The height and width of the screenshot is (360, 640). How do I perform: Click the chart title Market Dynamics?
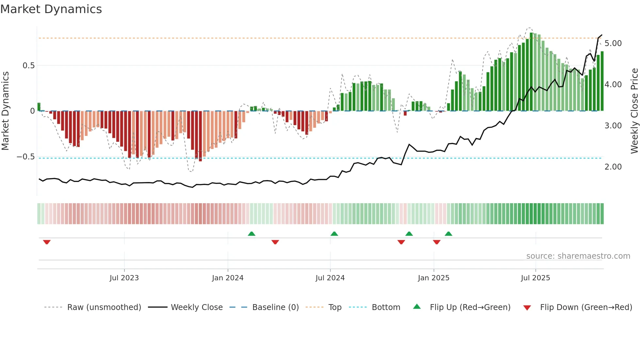click(x=51, y=9)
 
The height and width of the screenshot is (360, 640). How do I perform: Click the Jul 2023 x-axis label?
click(x=124, y=278)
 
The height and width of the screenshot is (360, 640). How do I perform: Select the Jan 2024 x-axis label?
click(x=228, y=278)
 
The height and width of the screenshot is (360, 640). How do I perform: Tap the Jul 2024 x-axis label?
click(x=330, y=278)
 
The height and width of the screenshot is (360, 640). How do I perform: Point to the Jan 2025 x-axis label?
click(x=433, y=278)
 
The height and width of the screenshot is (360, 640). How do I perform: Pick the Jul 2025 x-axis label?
click(x=535, y=278)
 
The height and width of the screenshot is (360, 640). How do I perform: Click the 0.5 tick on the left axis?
click(x=28, y=66)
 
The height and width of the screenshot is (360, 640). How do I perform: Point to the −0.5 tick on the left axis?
click(x=26, y=157)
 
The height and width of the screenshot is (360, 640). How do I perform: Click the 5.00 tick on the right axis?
click(x=613, y=43)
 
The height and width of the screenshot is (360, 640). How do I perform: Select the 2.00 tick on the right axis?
click(x=613, y=167)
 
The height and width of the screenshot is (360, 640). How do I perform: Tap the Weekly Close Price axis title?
click(x=634, y=111)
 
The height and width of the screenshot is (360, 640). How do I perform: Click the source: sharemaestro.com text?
click(x=578, y=256)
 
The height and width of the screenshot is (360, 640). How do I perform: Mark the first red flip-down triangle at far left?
click(x=47, y=242)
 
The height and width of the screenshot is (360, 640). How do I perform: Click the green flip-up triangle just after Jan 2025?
click(x=448, y=234)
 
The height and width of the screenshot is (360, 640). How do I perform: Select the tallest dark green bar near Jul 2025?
click(x=531, y=72)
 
